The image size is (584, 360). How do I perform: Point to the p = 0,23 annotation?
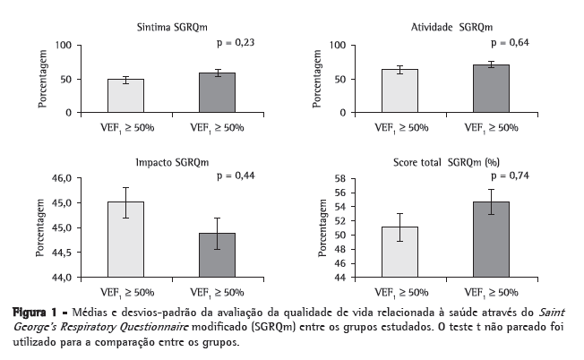[x=236, y=42]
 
